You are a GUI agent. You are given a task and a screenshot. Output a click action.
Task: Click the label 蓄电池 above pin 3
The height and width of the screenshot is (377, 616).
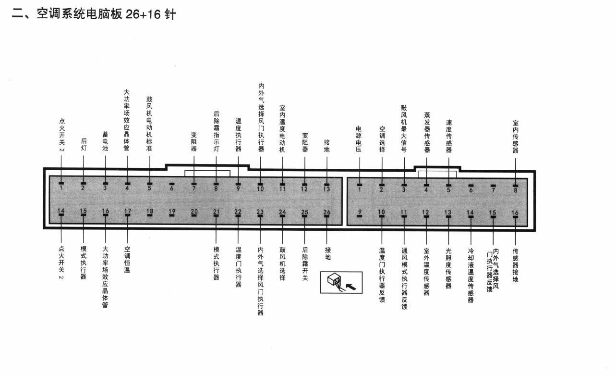[x=105, y=141]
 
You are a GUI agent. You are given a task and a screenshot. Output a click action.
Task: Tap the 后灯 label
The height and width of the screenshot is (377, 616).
[x=84, y=145]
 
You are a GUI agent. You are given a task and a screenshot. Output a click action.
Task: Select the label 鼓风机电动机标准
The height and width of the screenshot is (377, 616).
[x=149, y=124]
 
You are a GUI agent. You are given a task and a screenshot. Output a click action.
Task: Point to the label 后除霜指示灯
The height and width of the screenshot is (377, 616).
[x=217, y=131]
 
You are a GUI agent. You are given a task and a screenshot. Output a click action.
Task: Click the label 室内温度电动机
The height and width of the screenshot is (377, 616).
[x=282, y=128]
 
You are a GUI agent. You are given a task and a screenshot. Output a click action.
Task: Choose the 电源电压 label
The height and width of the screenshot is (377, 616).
[x=359, y=139]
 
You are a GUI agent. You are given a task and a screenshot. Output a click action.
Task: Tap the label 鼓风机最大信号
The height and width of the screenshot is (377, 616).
[x=404, y=128]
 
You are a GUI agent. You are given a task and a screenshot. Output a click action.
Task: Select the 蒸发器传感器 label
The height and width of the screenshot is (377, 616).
[x=427, y=132]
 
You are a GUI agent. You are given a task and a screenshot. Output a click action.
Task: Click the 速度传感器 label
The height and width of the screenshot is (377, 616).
[x=449, y=136]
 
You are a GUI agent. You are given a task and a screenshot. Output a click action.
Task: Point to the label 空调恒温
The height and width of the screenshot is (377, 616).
[x=127, y=259]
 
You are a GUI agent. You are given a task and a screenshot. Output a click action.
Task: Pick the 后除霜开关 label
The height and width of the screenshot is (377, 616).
[x=305, y=264]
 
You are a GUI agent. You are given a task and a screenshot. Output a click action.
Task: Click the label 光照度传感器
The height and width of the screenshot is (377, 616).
[x=448, y=268]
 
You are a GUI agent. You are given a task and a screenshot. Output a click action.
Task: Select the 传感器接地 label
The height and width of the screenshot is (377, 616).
[x=515, y=265]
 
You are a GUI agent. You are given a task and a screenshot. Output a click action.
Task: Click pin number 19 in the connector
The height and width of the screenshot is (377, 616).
[x=172, y=212]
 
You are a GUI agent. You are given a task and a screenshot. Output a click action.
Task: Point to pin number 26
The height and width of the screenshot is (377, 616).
[x=326, y=212]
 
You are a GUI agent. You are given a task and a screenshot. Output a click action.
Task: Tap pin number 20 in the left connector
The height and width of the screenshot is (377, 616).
[x=194, y=212]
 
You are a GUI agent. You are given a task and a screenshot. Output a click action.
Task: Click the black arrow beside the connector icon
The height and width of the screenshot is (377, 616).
[x=351, y=287]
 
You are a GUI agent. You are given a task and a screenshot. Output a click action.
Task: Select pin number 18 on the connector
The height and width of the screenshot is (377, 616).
[x=150, y=212]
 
